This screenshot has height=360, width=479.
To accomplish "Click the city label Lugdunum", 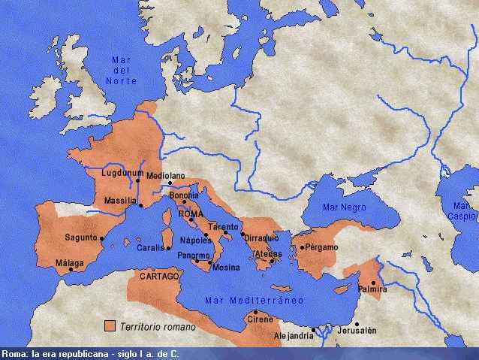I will pos(115,174).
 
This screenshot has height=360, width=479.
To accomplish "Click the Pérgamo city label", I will pos(320,247).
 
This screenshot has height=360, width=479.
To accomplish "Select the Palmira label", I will pos(373,289).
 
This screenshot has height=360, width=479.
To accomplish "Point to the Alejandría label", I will pos(294,336).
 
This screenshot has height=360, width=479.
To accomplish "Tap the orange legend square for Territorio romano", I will pos(110,326).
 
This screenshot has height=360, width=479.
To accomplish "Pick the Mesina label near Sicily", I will pos(226,267).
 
